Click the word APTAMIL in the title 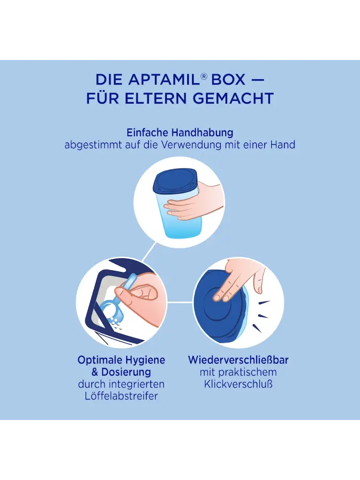164,80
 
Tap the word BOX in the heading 228,80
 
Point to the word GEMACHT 234,98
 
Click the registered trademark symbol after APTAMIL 204,76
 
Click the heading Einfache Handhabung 180,132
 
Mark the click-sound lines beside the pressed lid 262,315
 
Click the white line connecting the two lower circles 180,303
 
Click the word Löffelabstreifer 121,396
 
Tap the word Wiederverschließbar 238,360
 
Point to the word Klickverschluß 238,384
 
